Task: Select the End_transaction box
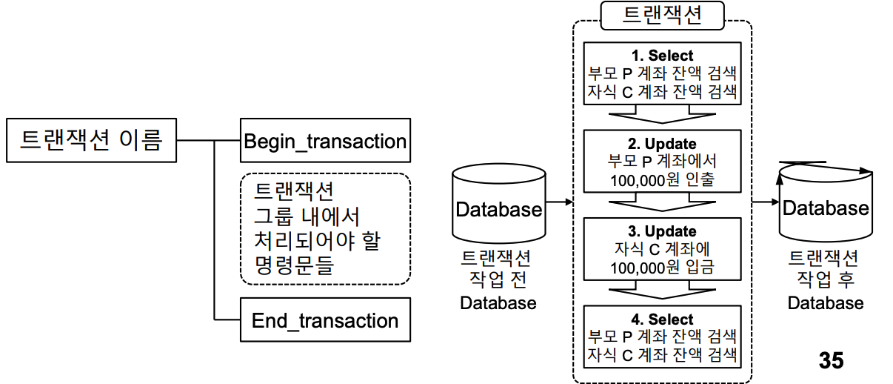pos(325,320)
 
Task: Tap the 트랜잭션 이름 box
pos(91,139)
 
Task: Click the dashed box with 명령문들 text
pos(325,228)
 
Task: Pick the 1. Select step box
pos(662,73)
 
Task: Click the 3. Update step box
pos(662,248)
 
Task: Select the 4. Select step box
pos(662,337)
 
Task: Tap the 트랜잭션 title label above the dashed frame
pos(662,16)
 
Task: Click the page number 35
pos(831,360)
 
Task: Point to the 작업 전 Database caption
pos(498,280)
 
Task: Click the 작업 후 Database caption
pos(825,280)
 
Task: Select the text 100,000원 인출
pos(662,180)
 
